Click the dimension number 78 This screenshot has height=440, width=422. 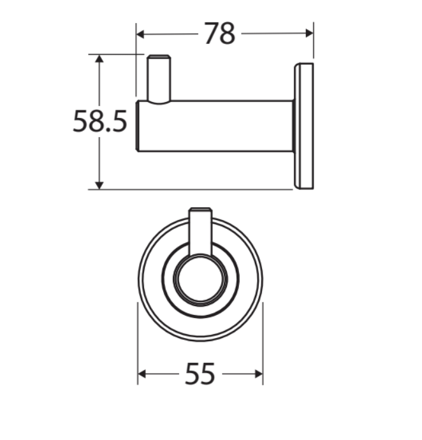coord(220,33)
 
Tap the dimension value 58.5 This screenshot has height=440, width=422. coord(100,121)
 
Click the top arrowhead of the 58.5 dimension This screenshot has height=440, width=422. coord(99,59)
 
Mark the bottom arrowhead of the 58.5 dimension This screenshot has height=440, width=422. coord(99,184)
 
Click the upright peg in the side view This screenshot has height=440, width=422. coord(159,77)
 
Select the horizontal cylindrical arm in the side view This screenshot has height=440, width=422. coord(217,126)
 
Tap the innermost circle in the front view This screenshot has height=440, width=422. coord(201,279)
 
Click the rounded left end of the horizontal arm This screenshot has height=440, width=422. coord(138,126)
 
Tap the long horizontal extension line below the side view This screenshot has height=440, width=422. coord(191,189)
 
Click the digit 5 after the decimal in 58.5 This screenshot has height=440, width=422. coord(120,121)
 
